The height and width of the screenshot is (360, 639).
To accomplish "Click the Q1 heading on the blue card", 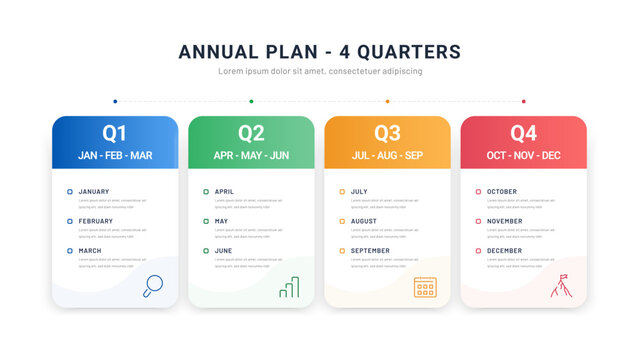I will coord(115,133).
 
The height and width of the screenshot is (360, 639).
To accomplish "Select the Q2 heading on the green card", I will coord(251,133).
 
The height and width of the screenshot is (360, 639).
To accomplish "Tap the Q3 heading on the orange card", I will coord(387,133).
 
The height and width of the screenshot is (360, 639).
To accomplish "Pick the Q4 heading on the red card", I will coord(523,133).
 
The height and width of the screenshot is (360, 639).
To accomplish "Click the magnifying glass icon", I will coord(153,286).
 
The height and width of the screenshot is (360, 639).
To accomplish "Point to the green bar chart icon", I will coord(289,287).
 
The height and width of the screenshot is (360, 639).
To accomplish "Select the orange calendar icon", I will coord(425,287).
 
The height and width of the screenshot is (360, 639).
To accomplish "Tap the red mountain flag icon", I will coord(560,286).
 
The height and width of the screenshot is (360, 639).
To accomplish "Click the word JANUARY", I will coord(94,191).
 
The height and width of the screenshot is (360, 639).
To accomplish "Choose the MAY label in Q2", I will coord(221,221).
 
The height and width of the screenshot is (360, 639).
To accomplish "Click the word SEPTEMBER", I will coord(370,251).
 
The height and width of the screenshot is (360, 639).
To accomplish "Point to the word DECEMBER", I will coord(504,251).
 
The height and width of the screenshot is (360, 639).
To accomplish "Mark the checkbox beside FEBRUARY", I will coord(70,221).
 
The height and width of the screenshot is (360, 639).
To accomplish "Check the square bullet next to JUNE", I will coord(206,251).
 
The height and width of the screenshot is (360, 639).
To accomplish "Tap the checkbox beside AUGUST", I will coord(342,221).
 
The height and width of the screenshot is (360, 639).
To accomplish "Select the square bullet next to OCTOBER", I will coord(478,191).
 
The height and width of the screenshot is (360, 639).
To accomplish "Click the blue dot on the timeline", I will coord(115,101).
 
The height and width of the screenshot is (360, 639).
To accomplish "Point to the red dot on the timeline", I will coord(523,101).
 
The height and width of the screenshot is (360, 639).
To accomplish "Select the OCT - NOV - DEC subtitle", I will coord(523,155).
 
